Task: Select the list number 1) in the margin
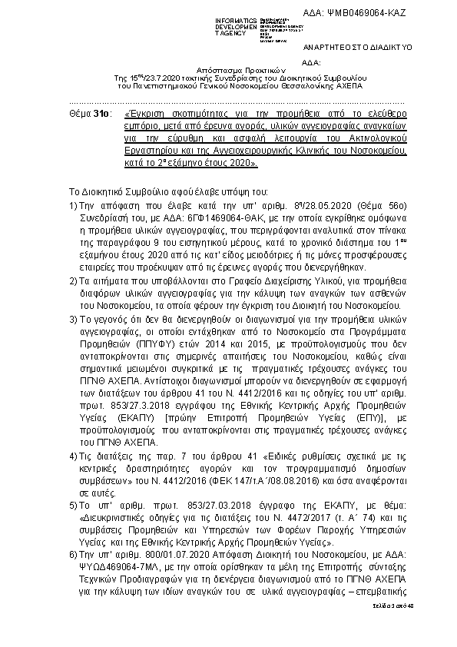click(x=73, y=206)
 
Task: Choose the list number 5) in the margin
click(x=73, y=506)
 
